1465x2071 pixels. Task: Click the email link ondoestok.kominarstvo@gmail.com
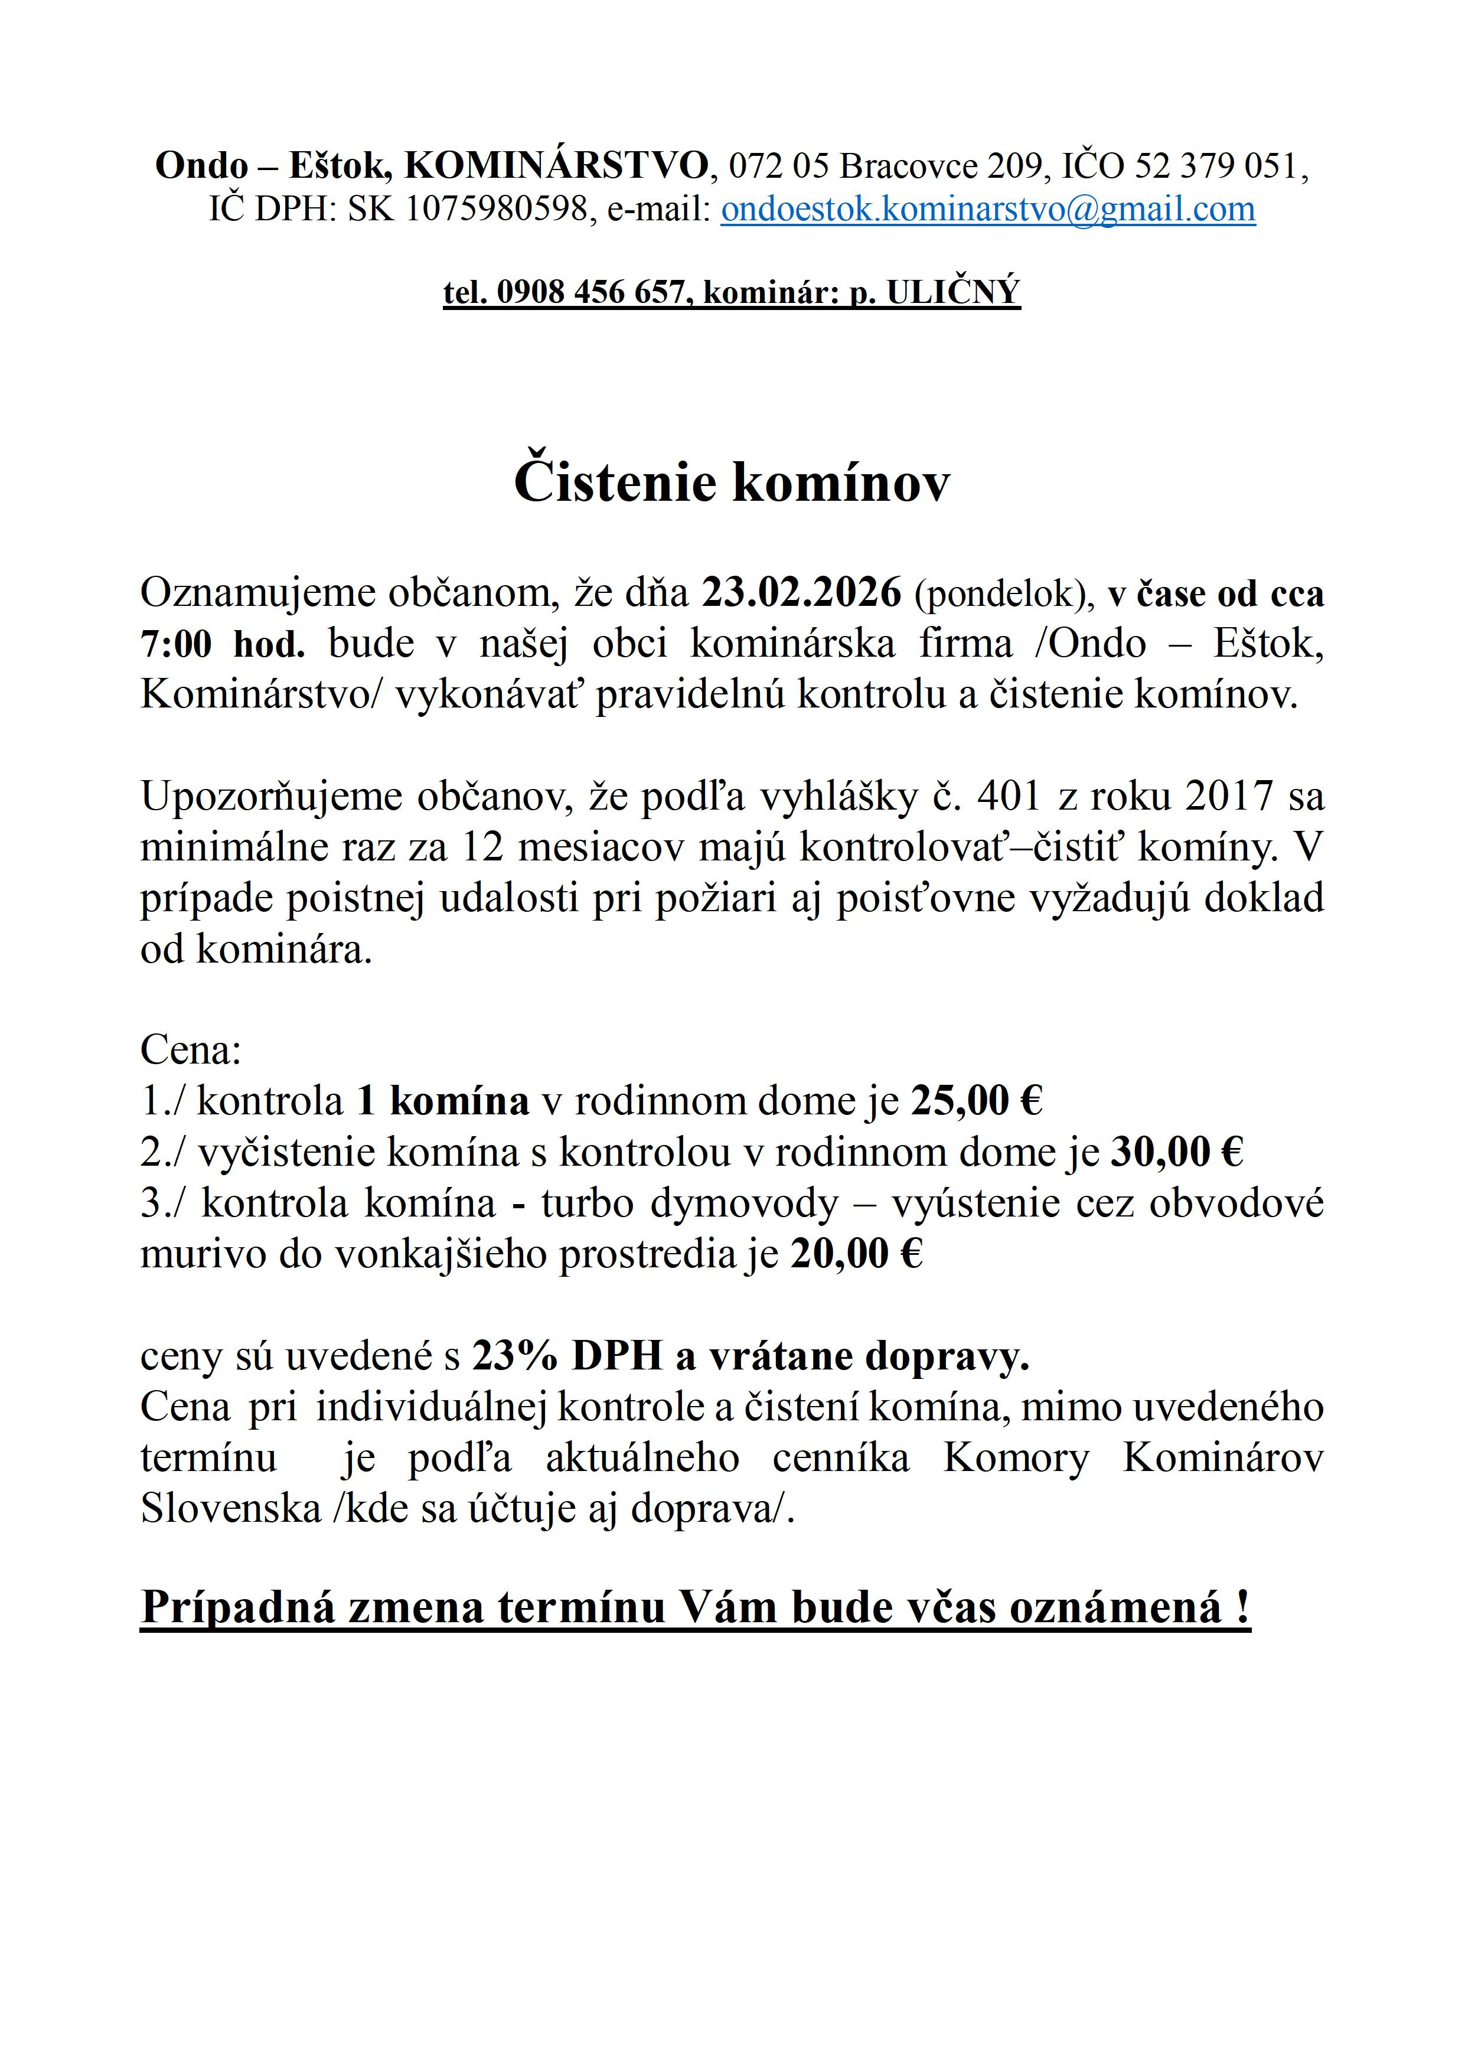(x=988, y=209)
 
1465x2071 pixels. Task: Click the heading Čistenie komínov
(x=732, y=484)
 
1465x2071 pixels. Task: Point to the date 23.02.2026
(x=802, y=593)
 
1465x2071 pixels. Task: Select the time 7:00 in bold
(x=175, y=644)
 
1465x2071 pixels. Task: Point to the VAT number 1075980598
(x=497, y=209)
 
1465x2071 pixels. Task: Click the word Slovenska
(x=231, y=1508)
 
